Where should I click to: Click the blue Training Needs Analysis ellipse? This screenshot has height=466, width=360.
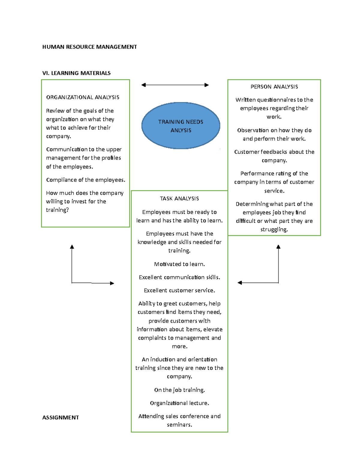coord(181,126)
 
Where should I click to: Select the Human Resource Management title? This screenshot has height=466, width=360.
coord(89,47)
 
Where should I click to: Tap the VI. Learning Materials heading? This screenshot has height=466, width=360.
coord(76,73)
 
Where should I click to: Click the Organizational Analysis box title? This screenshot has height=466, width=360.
coord(83,97)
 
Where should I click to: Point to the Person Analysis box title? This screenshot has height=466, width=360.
coord(274,87)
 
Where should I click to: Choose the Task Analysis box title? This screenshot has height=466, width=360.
coord(179,199)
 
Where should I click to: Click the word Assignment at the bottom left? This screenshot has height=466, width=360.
coord(61,417)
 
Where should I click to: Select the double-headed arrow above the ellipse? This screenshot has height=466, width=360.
coord(175,85)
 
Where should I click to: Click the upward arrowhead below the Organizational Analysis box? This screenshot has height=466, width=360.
coord(72,247)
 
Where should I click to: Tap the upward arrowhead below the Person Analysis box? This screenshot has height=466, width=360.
coord(278,247)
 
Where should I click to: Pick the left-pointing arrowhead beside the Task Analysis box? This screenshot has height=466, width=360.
coord(240,283)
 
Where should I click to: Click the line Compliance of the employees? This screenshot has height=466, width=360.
coord(85,180)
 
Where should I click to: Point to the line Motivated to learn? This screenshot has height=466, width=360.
coord(179,264)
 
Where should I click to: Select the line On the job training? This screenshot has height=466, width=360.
coord(179,390)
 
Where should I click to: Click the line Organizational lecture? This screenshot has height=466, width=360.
coord(179,403)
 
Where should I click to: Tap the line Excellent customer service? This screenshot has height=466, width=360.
coord(179,290)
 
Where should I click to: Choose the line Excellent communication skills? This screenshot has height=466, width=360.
coord(179,277)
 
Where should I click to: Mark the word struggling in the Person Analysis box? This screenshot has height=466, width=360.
coord(274,230)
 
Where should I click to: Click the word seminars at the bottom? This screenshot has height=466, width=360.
coord(179,425)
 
